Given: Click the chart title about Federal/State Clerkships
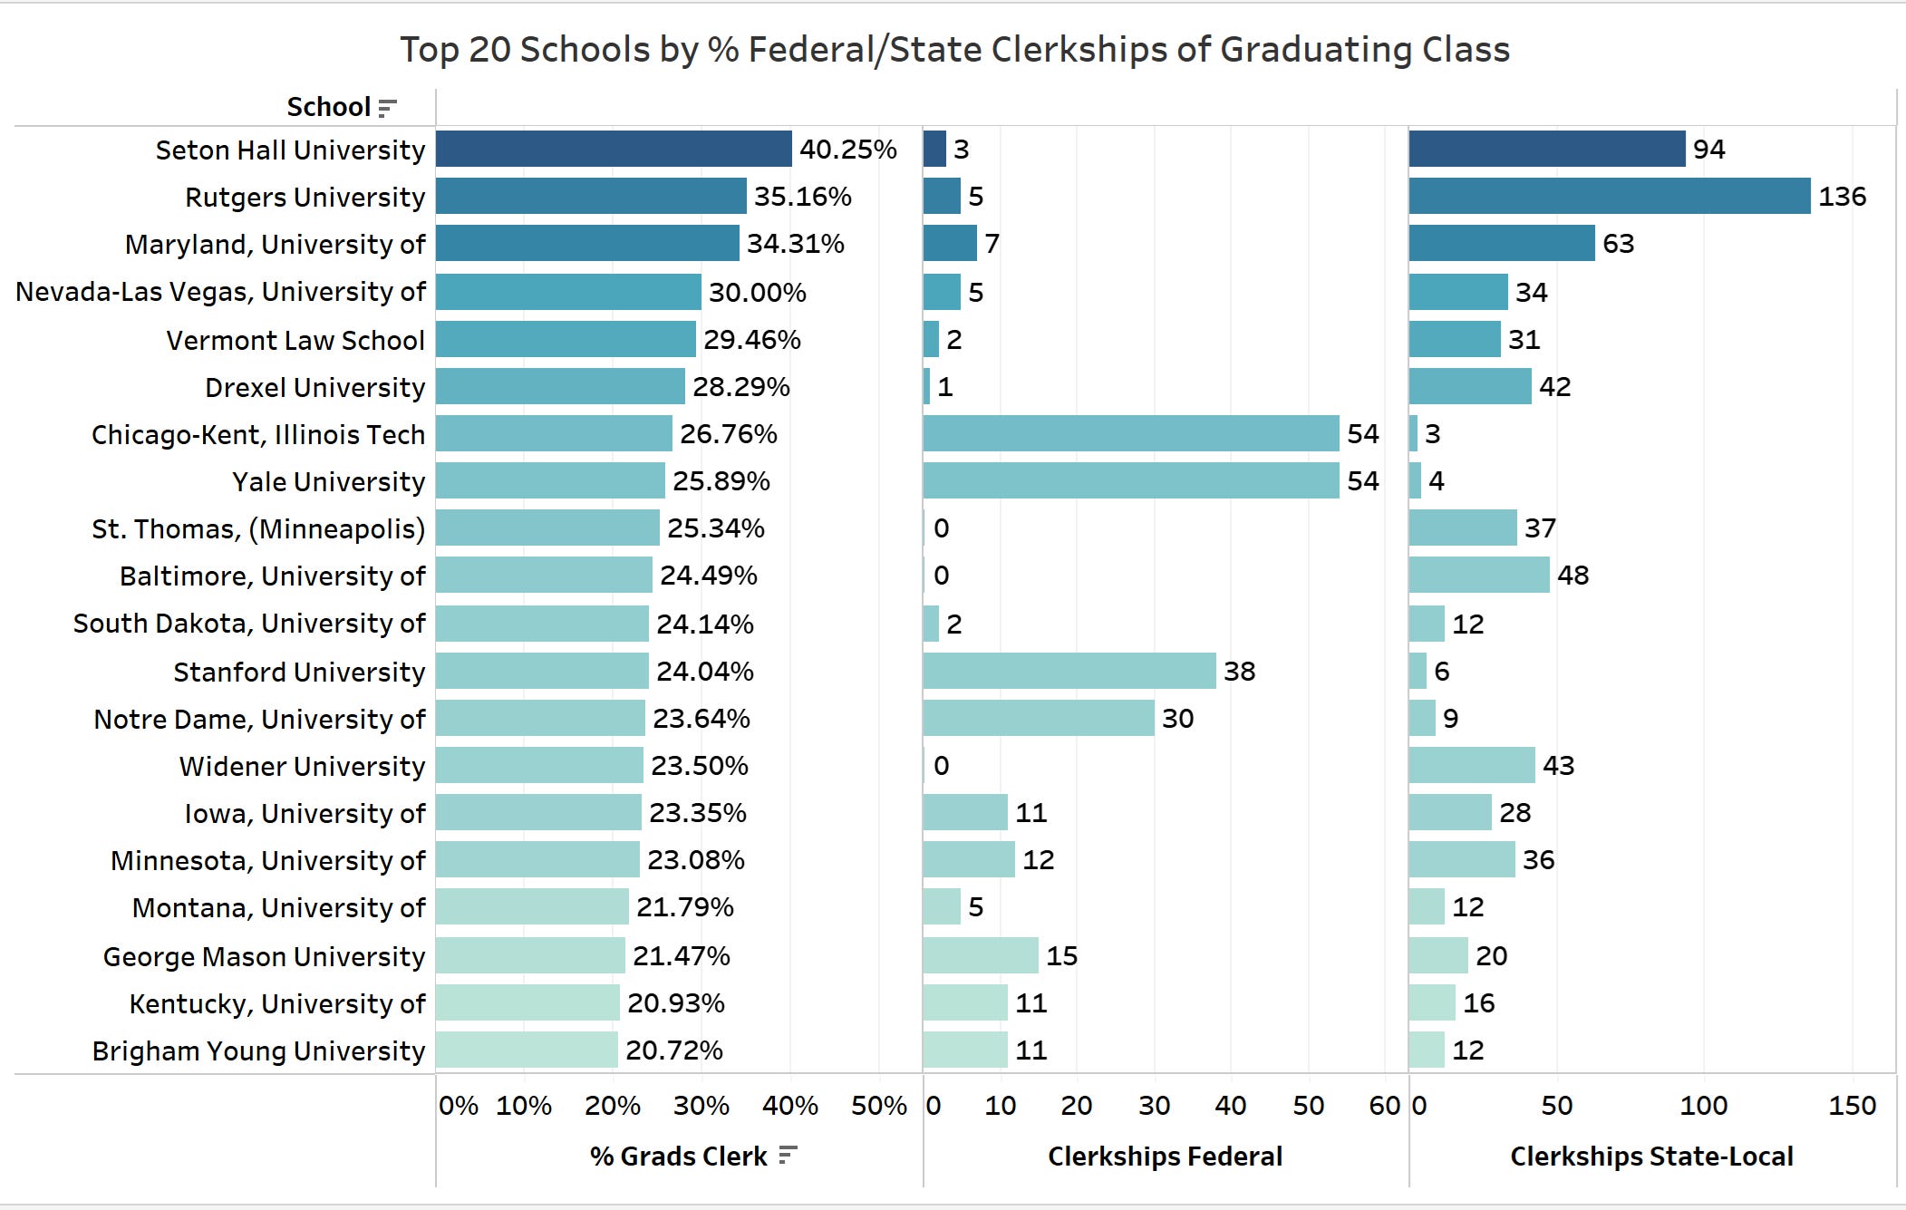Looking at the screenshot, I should [954, 50].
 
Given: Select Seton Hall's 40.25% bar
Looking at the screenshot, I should [614, 149].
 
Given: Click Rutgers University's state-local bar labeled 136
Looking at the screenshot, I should [1609, 196].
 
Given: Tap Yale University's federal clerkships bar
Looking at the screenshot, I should [1130, 480].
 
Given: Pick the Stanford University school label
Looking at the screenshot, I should [299, 672].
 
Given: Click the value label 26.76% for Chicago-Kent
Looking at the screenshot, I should [728, 434].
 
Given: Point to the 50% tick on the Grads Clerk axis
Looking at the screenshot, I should [878, 1105].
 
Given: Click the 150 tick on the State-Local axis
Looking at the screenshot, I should [1852, 1105].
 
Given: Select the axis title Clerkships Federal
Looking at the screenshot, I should [1165, 1157].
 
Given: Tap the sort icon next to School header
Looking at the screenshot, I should [388, 108].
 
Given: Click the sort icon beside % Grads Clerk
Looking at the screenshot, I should [788, 1156].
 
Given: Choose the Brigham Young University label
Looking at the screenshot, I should [258, 1050].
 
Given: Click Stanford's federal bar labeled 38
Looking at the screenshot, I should [1069, 671].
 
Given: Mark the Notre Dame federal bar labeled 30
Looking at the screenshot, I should [1038, 718].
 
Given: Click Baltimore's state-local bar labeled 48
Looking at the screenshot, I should [1478, 575].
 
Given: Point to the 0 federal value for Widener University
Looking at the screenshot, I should [941, 766].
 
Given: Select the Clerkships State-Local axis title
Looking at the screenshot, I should [1651, 1157].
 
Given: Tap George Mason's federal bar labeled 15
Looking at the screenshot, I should [980, 955].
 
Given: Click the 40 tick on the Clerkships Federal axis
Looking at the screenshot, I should [1230, 1105].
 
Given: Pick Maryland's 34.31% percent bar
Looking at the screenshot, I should [586, 243].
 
